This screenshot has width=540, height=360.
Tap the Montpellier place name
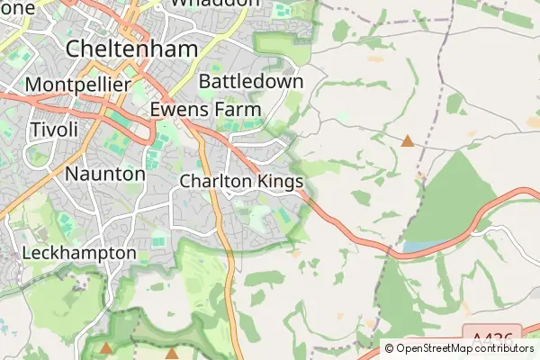pos(79,85)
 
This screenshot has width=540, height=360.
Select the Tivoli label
pos(54,129)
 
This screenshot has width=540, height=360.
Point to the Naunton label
pos(105,173)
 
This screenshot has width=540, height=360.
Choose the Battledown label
pos(251,81)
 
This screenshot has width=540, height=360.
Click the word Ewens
pos(180,109)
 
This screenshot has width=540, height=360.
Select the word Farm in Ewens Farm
pos(237,109)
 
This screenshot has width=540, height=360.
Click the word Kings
pos(281,181)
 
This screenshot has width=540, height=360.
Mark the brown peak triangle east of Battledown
pos(408,141)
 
